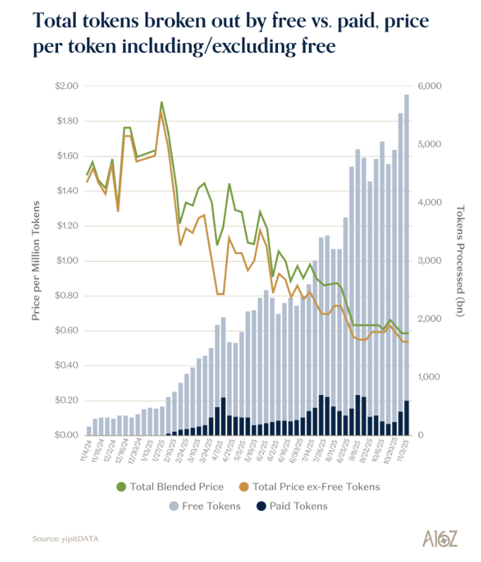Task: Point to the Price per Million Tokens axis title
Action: coord(36,260)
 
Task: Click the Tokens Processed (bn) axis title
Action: coord(460,260)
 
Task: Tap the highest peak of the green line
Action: coord(161,103)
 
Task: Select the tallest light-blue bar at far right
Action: coord(407,262)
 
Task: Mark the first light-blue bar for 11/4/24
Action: coord(89,430)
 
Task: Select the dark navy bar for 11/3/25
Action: coord(407,418)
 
